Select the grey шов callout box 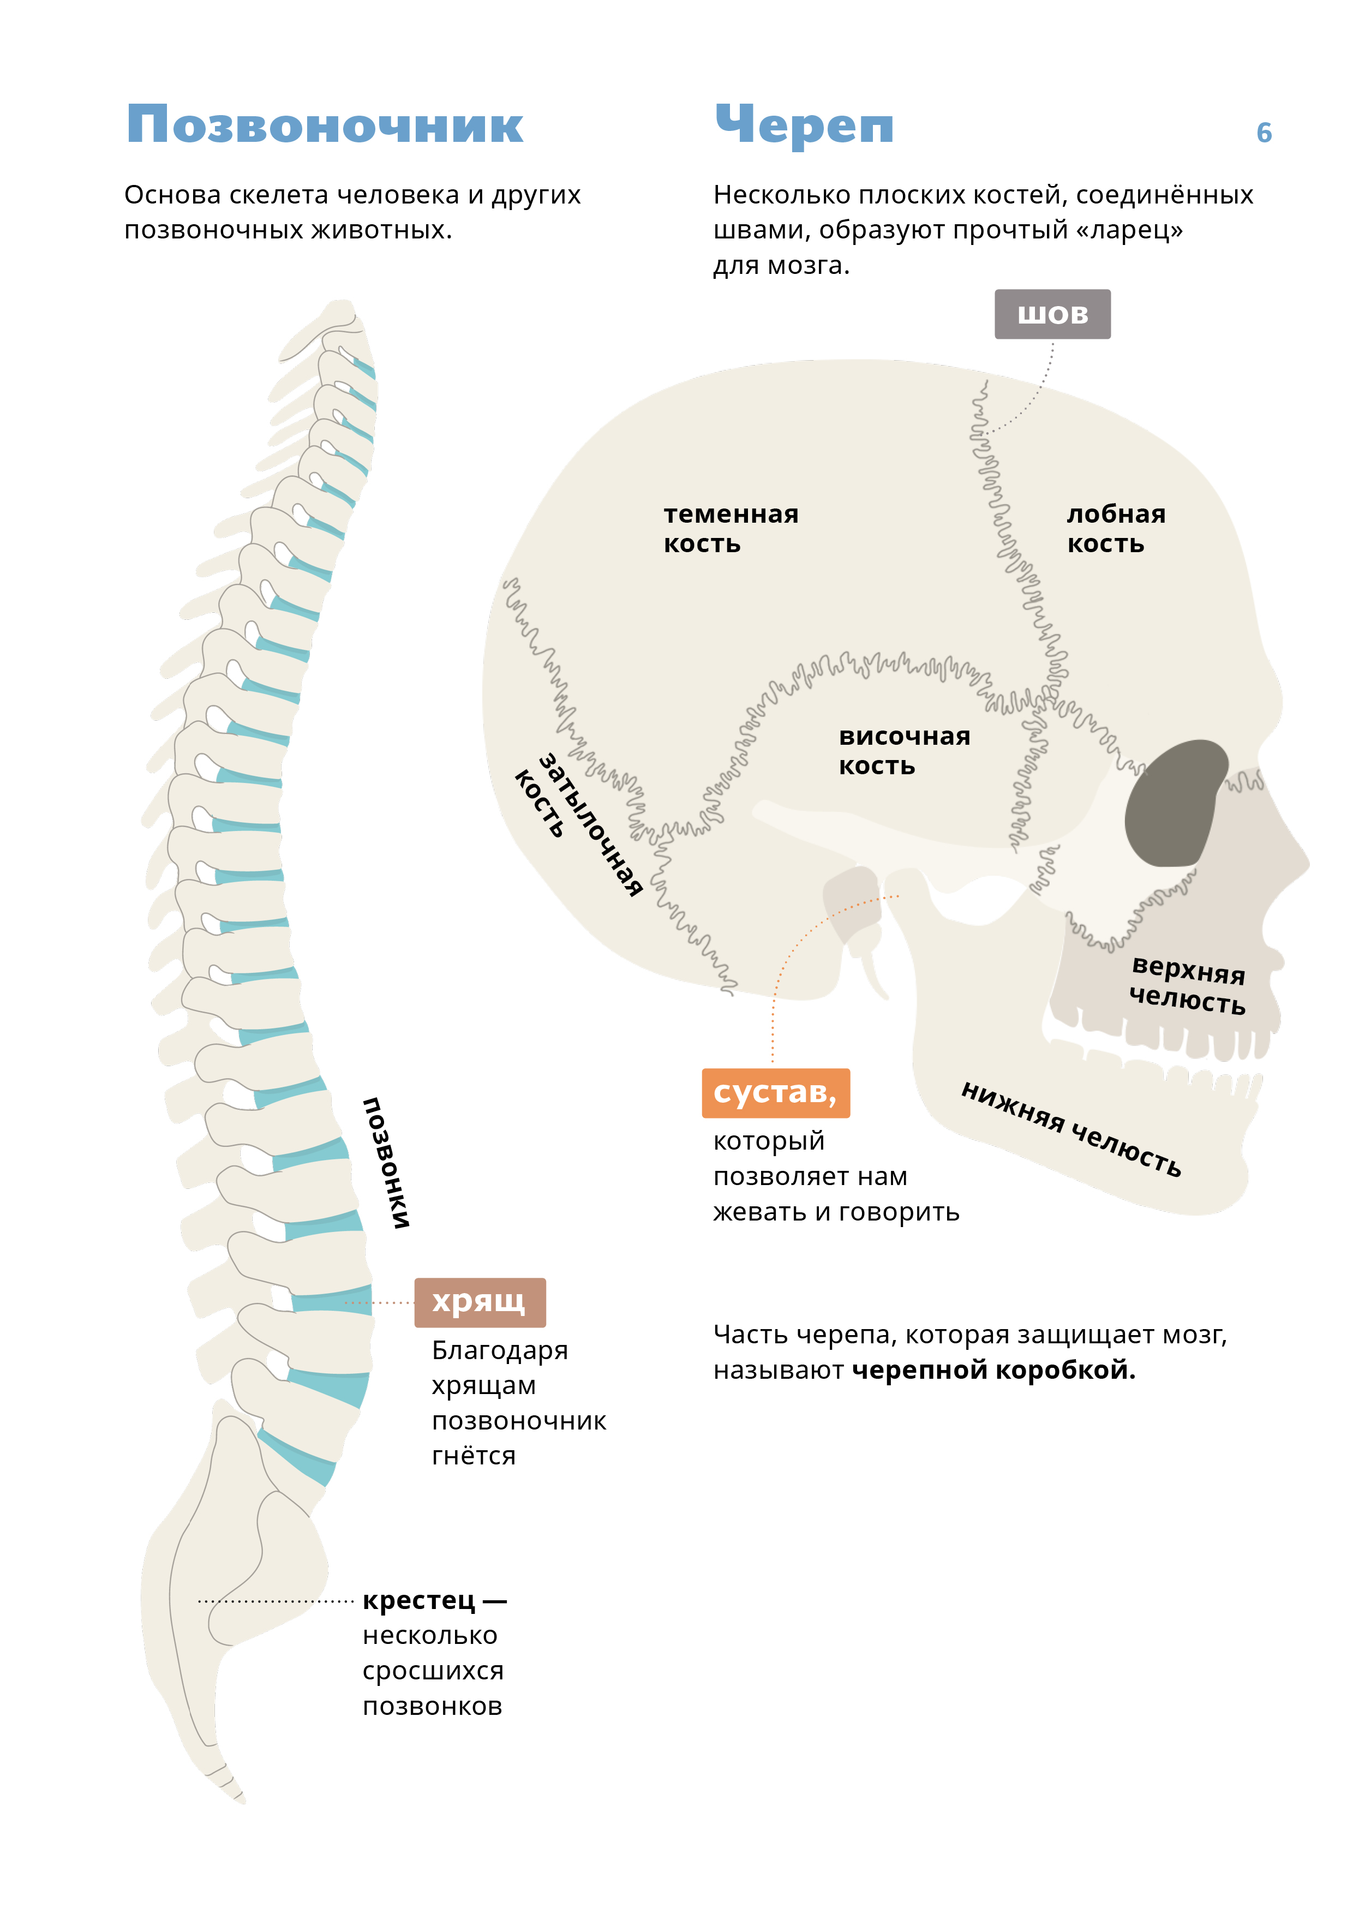click(1052, 314)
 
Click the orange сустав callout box click(775, 1092)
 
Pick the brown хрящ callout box click(480, 1302)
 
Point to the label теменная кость click(731, 529)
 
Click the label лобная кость click(1116, 529)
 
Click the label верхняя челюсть click(1187, 985)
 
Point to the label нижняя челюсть click(1071, 1129)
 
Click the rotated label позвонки click(386, 1162)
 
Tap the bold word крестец click(420, 1601)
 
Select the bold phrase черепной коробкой click(993, 1369)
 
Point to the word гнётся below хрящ click(474, 1456)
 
